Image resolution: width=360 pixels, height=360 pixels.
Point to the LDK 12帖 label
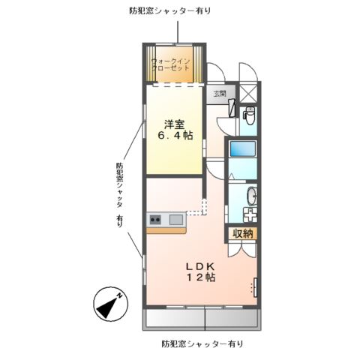200,271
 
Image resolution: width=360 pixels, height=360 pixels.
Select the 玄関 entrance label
219,94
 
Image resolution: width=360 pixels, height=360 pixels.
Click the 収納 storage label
243,233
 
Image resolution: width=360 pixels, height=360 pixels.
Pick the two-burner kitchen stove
156,220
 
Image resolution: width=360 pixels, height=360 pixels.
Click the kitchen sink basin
175,219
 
